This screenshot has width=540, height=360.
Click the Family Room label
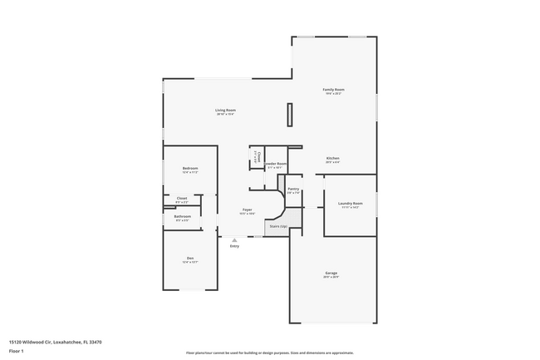[x=333, y=89]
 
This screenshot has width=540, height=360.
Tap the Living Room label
[x=225, y=111]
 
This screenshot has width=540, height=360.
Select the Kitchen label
[x=332, y=158]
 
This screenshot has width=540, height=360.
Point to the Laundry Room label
[x=350, y=203]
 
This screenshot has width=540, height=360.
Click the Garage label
[x=331, y=273]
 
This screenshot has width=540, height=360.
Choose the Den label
[x=189, y=258]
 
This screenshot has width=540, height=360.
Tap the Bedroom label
[x=189, y=169]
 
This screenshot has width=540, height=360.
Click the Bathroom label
[x=183, y=217]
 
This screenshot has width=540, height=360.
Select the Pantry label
[x=293, y=189]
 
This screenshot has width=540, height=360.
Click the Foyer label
[x=247, y=210]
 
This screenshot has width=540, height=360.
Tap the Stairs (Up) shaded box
[x=277, y=226]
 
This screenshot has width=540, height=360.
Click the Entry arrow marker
[x=234, y=239]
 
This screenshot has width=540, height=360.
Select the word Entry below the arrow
[x=234, y=246]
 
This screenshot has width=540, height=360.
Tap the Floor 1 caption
[x=17, y=351]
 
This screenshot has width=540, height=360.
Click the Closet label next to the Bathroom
[x=182, y=198]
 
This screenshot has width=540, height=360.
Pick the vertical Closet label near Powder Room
[x=258, y=156]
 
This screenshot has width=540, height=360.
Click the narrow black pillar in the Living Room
[x=289, y=114]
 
